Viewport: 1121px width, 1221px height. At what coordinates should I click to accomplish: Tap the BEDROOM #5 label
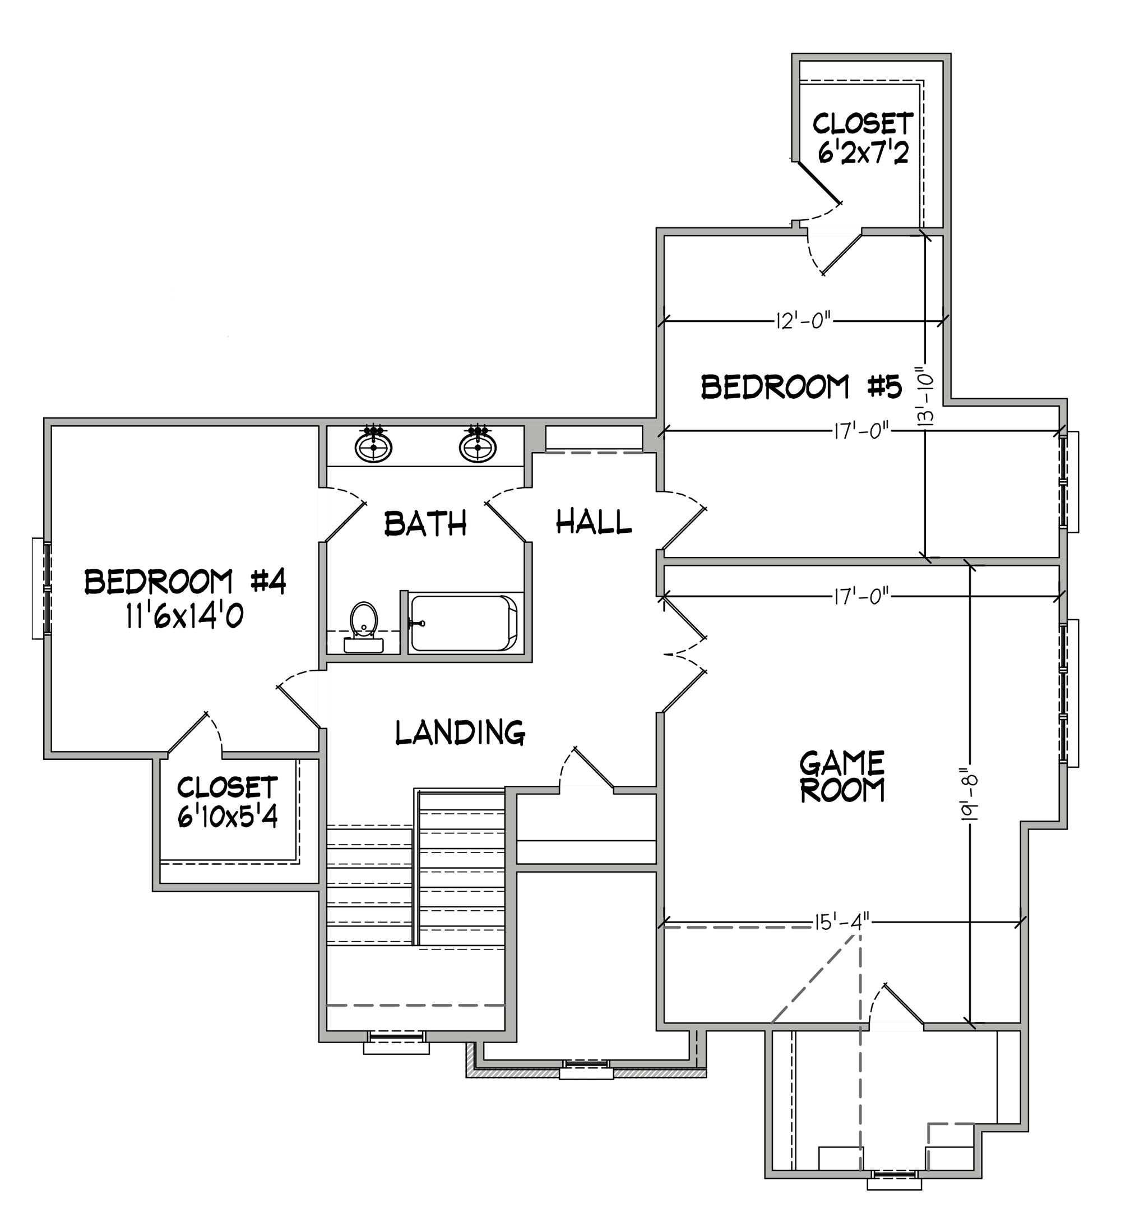[x=802, y=386]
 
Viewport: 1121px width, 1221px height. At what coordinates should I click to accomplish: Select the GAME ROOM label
[x=842, y=777]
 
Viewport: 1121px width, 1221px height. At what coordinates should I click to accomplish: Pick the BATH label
[x=426, y=523]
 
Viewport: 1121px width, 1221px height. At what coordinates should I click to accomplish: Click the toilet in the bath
[x=364, y=627]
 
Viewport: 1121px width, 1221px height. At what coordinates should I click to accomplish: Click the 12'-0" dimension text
[x=803, y=320]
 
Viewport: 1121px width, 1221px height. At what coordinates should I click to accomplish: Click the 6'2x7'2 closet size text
[x=863, y=154]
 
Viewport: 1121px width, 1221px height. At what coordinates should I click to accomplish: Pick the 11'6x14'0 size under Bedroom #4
[x=185, y=617]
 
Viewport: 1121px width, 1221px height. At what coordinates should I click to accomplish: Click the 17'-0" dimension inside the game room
[x=861, y=597]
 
